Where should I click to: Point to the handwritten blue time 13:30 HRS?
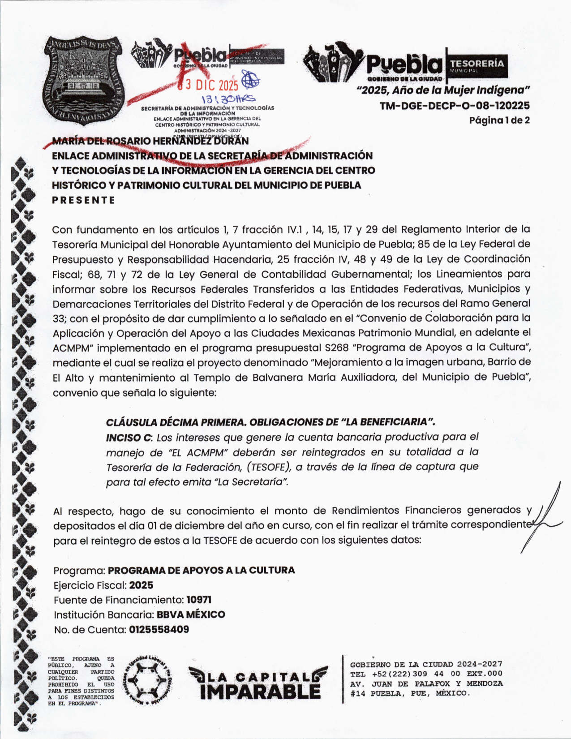228,99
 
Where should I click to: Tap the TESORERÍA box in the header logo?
477,65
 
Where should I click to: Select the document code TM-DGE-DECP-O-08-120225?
455,106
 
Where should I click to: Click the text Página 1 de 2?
499,120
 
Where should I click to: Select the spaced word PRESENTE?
84,200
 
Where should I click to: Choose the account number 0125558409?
159,629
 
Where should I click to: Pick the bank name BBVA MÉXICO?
191,614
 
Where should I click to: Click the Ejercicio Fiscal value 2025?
141,585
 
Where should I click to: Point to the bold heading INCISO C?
129,438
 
